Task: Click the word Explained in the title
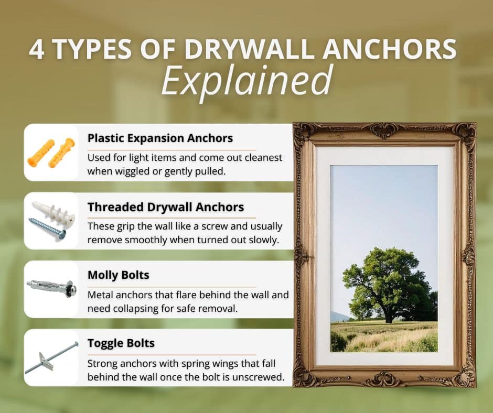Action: click(x=246, y=80)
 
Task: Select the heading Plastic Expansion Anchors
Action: click(x=160, y=138)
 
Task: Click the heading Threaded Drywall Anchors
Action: click(x=166, y=207)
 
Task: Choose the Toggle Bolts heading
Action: click(x=121, y=344)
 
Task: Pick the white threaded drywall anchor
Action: click(x=53, y=212)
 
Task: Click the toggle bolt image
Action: click(x=51, y=357)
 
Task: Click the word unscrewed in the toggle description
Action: click(x=259, y=377)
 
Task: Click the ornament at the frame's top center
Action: click(x=384, y=130)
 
